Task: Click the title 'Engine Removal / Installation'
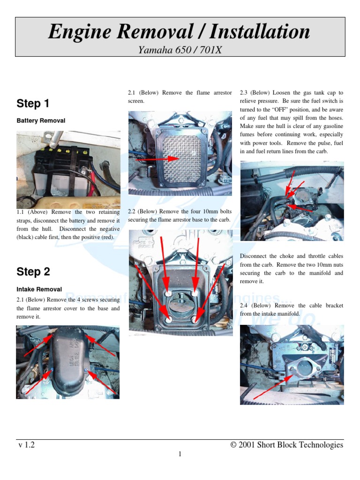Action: tap(180, 32)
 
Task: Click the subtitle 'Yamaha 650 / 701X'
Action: tap(180, 49)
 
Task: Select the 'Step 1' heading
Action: tap(33, 104)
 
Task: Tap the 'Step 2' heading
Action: tap(33, 272)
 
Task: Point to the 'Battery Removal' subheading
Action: tap(41, 120)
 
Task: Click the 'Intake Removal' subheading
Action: tap(39, 289)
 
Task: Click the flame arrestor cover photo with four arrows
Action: tap(68, 362)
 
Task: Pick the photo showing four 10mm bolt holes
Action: tap(180, 283)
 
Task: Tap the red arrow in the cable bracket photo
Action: tap(272, 382)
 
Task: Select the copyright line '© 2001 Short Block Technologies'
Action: tap(287, 445)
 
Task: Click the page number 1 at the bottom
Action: tap(180, 454)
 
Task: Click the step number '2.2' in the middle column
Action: tap(132, 211)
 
